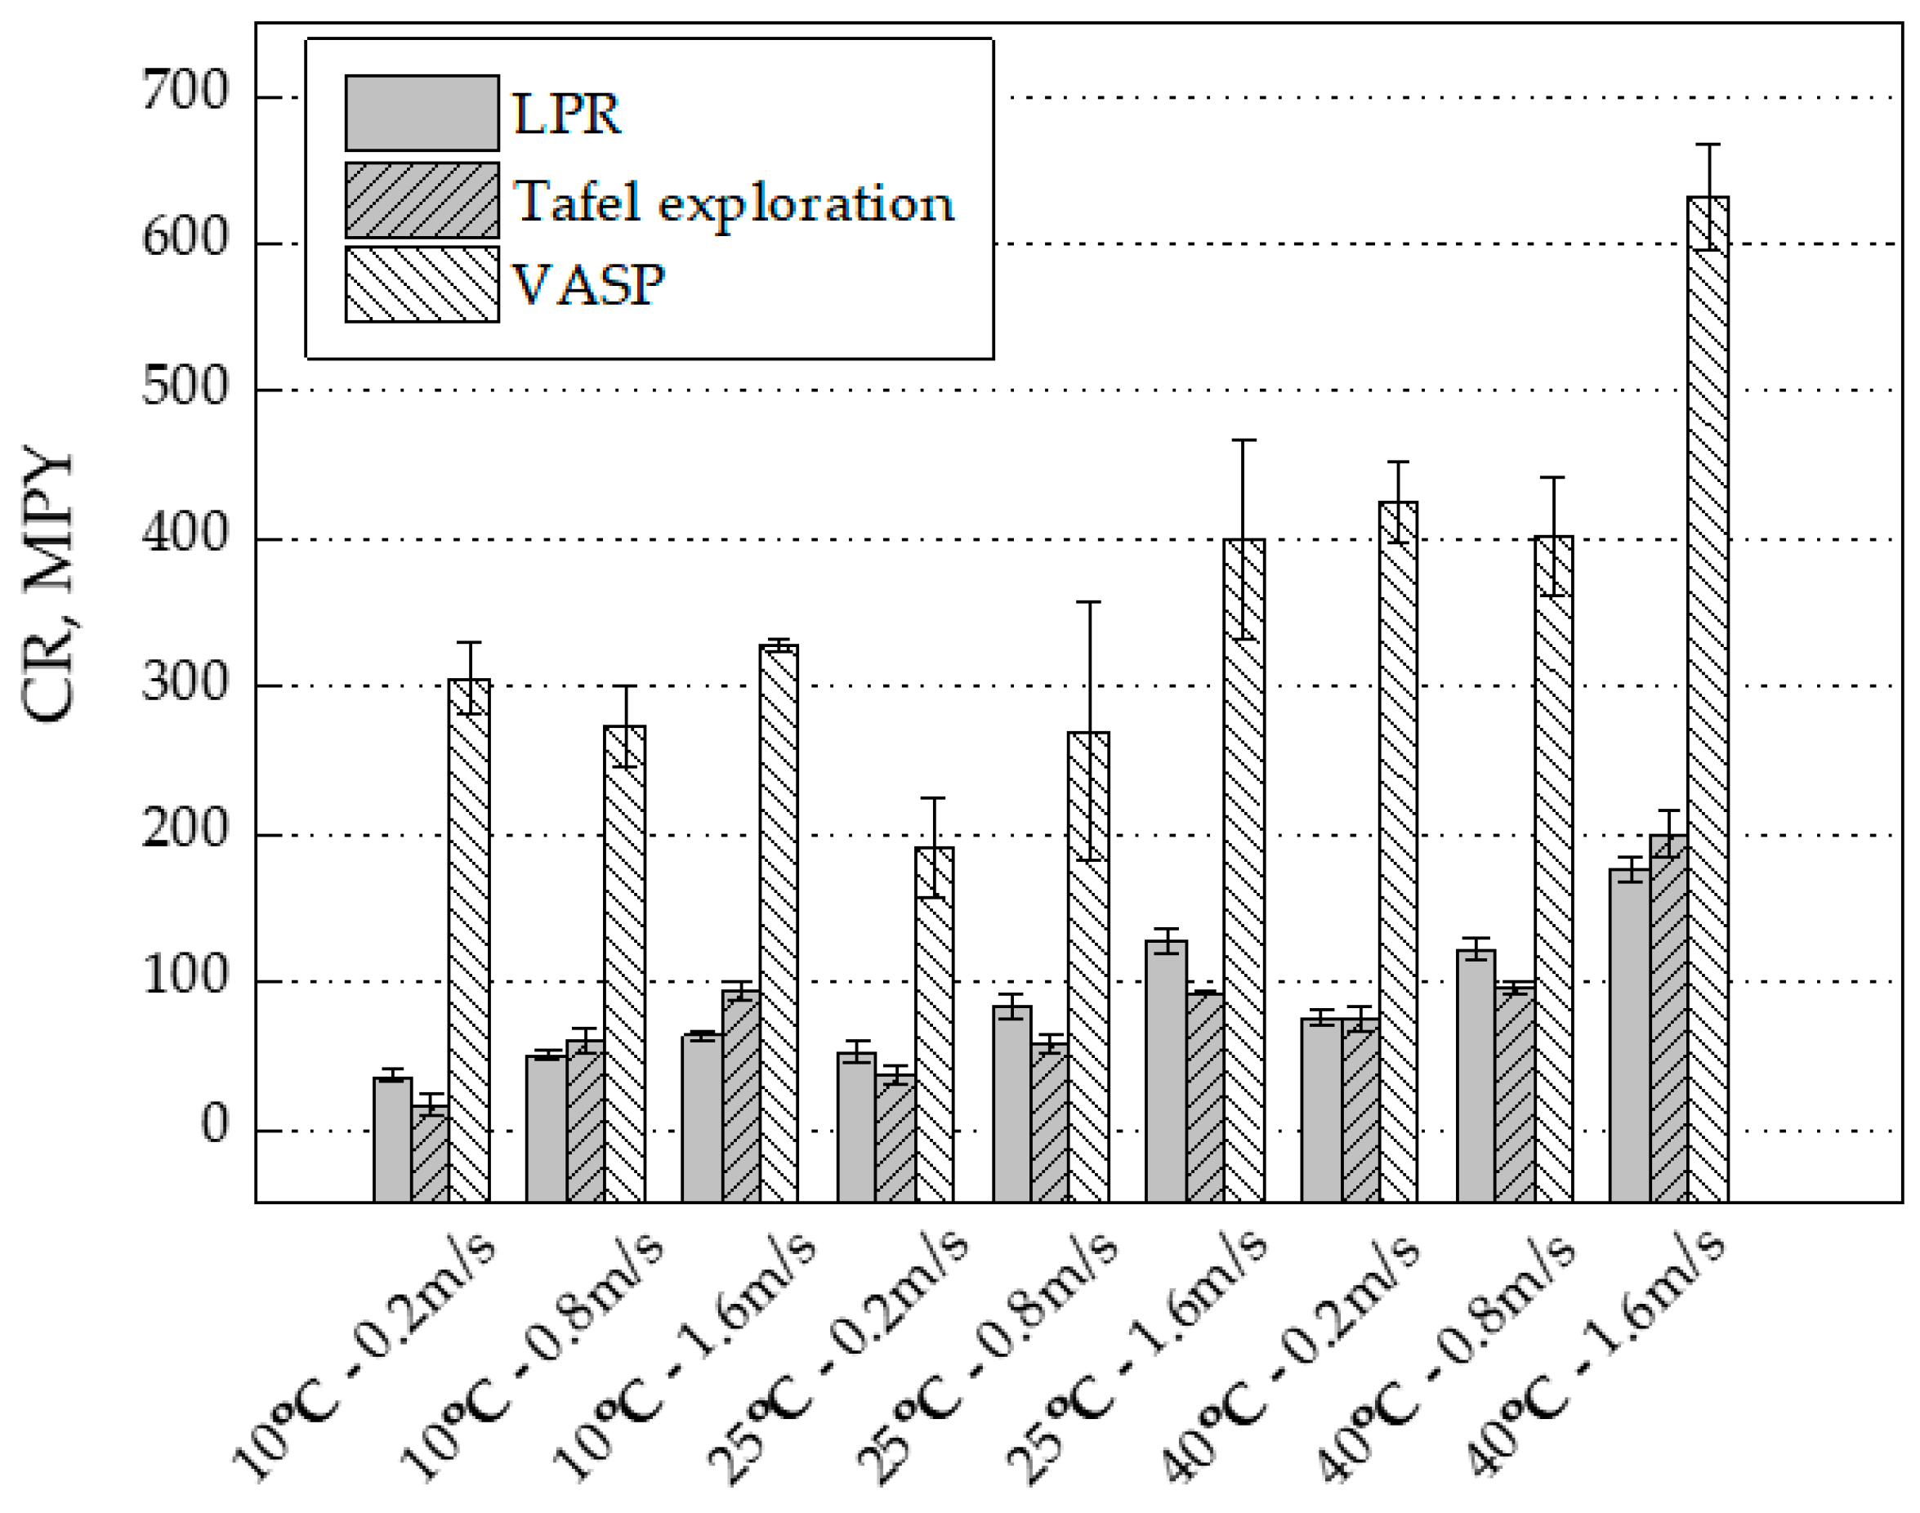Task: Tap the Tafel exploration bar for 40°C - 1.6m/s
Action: (1668, 1019)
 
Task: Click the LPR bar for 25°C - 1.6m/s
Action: (1166, 1072)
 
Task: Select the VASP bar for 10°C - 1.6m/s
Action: (778, 922)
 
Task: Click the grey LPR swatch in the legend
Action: (422, 114)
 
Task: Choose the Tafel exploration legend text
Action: (734, 203)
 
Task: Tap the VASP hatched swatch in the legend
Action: (422, 284)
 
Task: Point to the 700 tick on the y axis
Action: (185, 91)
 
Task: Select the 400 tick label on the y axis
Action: (185, 534)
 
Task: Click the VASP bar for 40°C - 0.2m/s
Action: (1397, 850)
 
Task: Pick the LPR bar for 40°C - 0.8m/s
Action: (1476, 1076)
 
